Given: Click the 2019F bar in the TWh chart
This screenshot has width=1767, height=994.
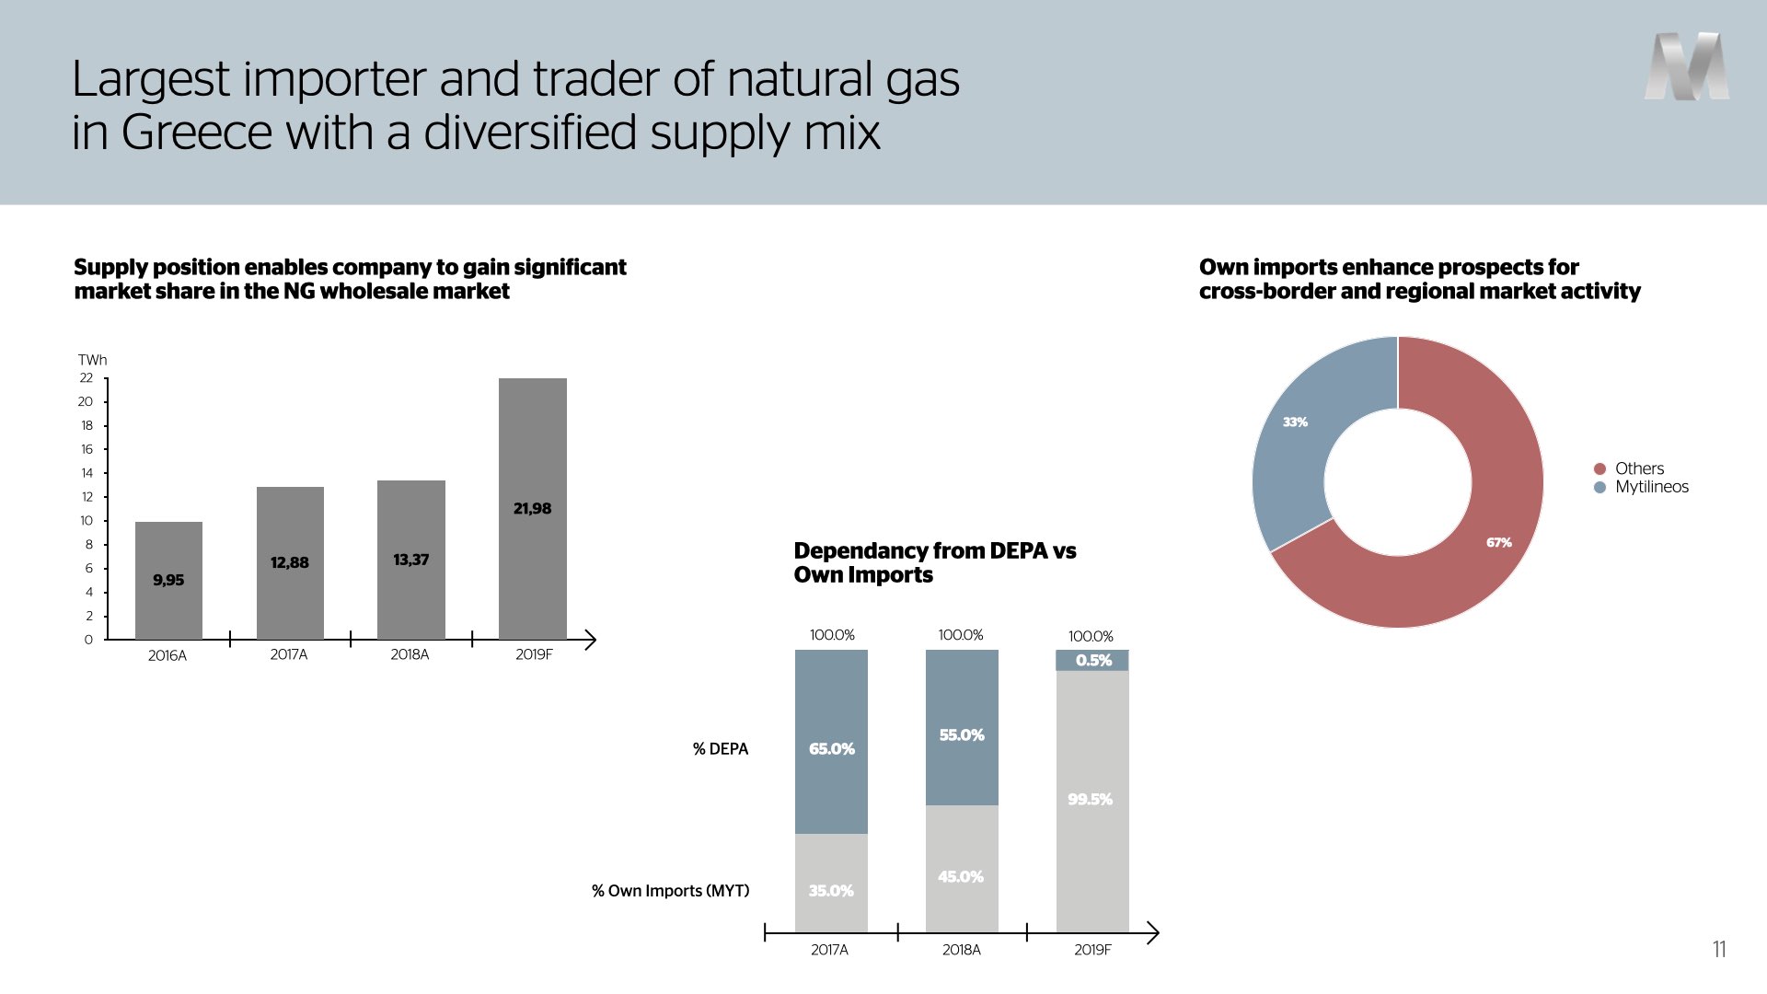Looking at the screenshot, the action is [533, 508].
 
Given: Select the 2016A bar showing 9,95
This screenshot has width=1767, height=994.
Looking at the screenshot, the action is [168, 580].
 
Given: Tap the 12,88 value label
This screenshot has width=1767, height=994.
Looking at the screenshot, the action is [290, 562].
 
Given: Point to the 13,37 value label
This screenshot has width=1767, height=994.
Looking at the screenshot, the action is [411, 560].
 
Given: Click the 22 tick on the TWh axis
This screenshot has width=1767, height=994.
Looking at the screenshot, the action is [87, 377].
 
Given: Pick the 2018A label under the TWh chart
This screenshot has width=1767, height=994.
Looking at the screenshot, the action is [410, 654].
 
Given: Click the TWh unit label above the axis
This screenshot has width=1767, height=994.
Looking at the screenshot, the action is [92, 360].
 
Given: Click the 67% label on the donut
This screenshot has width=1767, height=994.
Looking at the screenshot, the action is [1499, 543].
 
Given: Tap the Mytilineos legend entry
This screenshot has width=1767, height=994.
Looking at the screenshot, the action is [1641, 487].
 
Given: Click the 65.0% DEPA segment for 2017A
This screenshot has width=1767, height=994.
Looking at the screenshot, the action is [831, 742].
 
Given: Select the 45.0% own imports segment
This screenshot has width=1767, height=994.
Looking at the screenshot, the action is [962, 869].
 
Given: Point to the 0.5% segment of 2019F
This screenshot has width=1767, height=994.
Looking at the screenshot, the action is [1092, 660].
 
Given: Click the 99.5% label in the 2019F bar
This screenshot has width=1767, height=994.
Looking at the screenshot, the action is [1091, 799].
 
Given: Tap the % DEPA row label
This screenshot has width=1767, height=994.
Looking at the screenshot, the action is [721, 749].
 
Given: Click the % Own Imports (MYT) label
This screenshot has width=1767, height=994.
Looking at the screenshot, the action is [671, 891].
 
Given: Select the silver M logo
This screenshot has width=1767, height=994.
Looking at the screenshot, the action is [1687, 66].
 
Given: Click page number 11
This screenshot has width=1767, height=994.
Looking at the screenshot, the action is [1719, 949].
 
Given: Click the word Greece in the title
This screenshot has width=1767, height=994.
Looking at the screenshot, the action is [197, 133].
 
